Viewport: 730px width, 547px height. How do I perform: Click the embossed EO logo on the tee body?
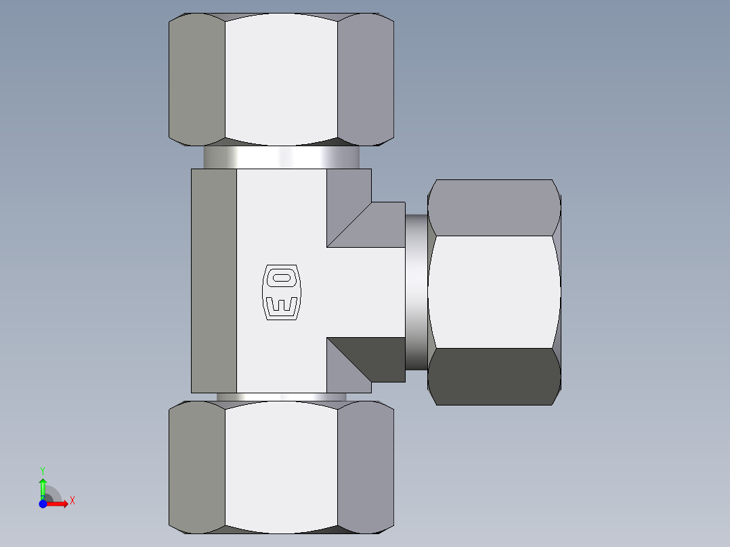coord(280,292)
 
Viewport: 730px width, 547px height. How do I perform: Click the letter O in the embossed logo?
coord(280,277)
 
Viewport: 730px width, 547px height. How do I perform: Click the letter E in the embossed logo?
coord(280,305)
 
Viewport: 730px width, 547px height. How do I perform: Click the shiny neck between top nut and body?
coord(281,158)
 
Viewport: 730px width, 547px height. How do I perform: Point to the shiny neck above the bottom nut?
coord(281,397)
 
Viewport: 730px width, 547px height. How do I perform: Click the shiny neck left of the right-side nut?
coord(416,292)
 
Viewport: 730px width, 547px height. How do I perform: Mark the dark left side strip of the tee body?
coord(214,280)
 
